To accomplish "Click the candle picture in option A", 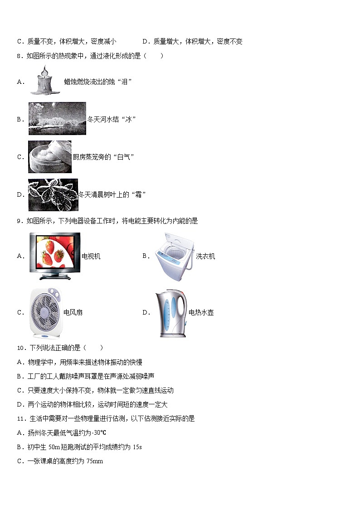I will point(45,82).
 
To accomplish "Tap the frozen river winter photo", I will point(57,119).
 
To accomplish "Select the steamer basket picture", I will point(50,157).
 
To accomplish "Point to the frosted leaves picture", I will point(53,195).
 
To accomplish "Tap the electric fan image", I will point(45,312).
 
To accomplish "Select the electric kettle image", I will point(171,313).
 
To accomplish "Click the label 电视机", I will point(91,257).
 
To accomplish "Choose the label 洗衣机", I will point(205,257).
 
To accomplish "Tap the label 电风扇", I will point(73,313).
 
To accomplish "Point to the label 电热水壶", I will point(201,313).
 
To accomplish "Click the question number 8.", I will point(19,56).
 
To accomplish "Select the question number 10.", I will point(21,348).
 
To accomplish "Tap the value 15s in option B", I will point(137,447).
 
